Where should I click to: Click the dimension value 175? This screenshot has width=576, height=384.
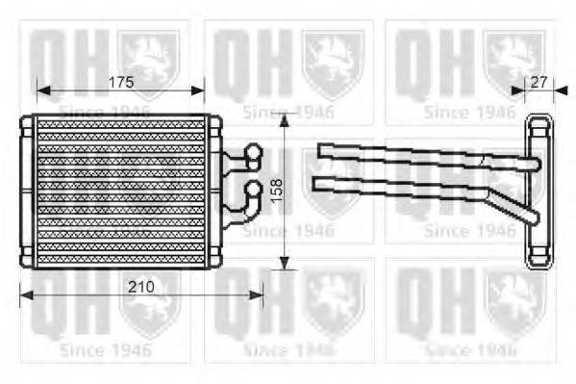tap(119, 82)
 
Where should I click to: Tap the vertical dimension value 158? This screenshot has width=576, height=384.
tap(276, 192)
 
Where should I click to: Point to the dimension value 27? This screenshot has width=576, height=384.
tap(538, 82)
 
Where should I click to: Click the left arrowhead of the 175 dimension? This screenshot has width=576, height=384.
tap(39, 90)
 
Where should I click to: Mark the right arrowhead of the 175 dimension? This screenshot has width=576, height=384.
tap(201, 90)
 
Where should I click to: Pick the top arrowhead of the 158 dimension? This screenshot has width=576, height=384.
tap(285, 117)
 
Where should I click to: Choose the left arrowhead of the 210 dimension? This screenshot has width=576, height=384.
tap(23, 295)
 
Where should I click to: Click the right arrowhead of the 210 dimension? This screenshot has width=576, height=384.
tap(260, 295)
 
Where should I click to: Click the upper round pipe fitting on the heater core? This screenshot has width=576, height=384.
tap(253, 151)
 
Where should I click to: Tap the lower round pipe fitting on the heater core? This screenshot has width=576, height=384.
tap(253, 190)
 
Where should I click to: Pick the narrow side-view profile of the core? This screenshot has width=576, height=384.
tap(536, 192)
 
